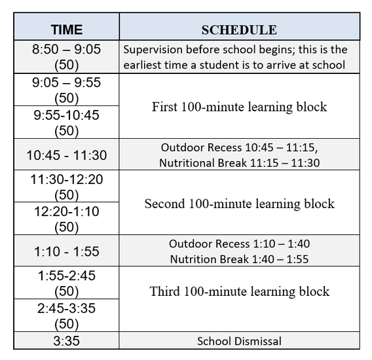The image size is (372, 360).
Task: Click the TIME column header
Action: click(x=66, y=29)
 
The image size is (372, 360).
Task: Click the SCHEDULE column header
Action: click(x=239, y=29)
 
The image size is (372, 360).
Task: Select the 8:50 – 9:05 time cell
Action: click(x=66, y=57)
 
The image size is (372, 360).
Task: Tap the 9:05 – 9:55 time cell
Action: click(x=66, y=90)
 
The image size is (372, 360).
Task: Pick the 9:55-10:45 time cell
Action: click(x=66, y=122)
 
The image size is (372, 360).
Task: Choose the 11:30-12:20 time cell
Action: click(x=66, y=187)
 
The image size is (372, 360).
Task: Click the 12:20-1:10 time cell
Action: click(x=66, y=219)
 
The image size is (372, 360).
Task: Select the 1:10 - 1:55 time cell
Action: click(x=66, y=251)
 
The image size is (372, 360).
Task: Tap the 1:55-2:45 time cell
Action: click(x=66, y=283)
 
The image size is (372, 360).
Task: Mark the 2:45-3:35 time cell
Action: click(x=66, y=315)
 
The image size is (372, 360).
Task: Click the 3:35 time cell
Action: click(x=66, y=340)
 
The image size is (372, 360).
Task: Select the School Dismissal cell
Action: click(x=239, y=341)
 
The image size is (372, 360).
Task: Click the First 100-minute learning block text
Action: click(x=239, y=107)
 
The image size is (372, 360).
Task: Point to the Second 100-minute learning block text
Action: click(x=239, y=204)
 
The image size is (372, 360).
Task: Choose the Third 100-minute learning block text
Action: click(x=239, y=291)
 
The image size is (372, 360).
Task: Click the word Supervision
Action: click(x=151, y=50)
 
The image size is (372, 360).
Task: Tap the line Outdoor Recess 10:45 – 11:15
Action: click(x=239, y=147)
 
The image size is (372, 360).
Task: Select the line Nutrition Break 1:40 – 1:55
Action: click(x=239, y=259)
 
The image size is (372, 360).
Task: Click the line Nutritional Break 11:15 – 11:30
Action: click(x=239, y=163)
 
